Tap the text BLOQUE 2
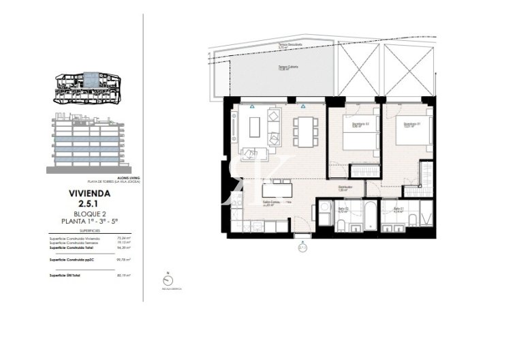(89, 213)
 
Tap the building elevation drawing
(88, 141)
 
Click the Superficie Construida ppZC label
(71, 260)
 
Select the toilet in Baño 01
(413, 218)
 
